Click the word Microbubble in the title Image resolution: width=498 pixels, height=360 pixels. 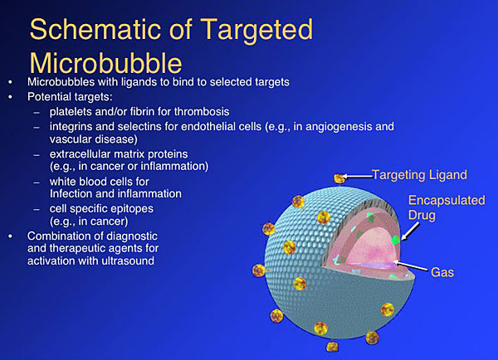click(105, 63)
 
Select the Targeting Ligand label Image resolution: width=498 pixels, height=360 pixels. click(419, 175)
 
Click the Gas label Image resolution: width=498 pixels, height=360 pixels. click(442, 272)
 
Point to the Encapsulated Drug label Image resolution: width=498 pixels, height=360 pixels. click(447, 207)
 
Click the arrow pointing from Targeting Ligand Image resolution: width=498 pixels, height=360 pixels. click(358, 176)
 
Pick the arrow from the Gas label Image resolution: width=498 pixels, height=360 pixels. click(411, 266)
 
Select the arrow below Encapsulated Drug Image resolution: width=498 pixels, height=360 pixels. click(410, 231)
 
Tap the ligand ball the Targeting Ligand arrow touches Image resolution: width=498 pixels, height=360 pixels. click(339, 178)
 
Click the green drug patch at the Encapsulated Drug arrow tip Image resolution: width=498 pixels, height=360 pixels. click(396, 240)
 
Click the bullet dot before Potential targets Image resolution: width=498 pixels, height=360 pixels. click(11, 97)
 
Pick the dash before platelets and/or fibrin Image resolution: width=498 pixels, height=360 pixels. click(37, 113)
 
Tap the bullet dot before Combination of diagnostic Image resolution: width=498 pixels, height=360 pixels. click(11, 236)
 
